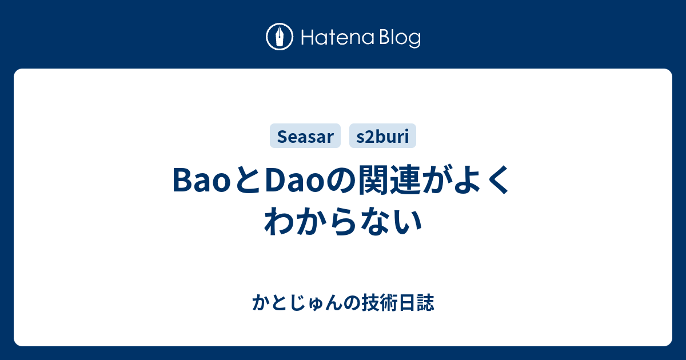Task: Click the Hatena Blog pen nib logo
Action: (x=280, y=37)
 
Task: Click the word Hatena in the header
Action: (x=338, y=38)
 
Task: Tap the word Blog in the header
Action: (x=400, y=39)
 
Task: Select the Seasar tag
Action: (x=305, y=136)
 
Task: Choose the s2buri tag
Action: (x=382, y=136)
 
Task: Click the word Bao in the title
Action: (x=201, y=180)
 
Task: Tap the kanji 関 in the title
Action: (x=374, y=179)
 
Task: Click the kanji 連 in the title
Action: (x=406, y=179)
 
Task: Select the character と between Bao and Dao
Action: (x=248, y=180)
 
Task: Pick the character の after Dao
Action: (x=341, y=181)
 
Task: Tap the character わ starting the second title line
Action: (x=279, y=221)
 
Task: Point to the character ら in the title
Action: (x=342, y=221)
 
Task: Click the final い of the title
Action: (x=407, y=222)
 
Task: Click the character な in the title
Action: (x=374, y=221)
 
